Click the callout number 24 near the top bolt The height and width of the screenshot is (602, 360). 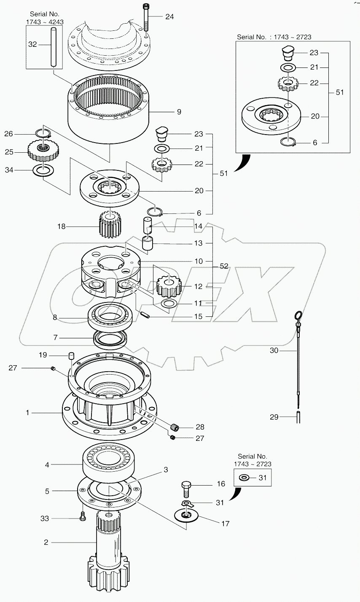(x=169, y=17)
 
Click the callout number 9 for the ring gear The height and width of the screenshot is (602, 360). (x=179, y=112)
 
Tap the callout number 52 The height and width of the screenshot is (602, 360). (x=223, y=266)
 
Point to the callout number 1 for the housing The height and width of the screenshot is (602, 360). (x=27, y=413)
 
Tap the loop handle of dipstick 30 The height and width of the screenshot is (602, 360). (x=298, y=315)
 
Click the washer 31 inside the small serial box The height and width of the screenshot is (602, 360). (x=243, y=478)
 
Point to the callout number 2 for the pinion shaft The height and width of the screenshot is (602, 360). (x=46, y=542)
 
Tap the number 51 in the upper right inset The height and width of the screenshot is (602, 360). (x=339, y=92)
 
